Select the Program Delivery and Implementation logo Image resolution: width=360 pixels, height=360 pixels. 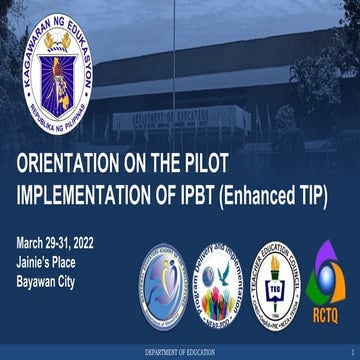(x=210, y=282)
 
